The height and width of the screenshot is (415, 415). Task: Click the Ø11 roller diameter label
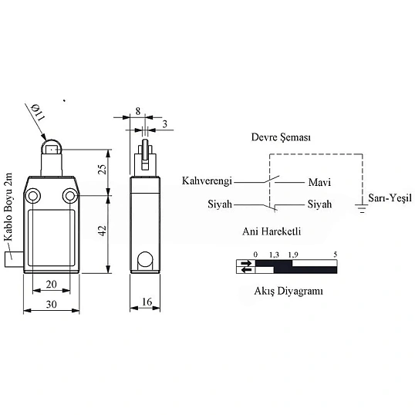pyautogui.click(x=38, y=112)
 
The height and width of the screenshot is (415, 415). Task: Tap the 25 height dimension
pyautogui.click(x=102, y=170)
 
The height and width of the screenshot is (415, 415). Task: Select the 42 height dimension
pyautogui.click(x=102, y=231)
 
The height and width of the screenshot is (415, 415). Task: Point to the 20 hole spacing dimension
pyautogui.click(x=52, y=285)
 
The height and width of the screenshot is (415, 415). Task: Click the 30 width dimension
pyautogui.click(x=52, y=305)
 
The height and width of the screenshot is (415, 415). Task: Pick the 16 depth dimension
pyautogui.click(x=147, y=302)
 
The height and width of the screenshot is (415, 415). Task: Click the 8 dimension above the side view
pyautogui.click(x=138, y=111)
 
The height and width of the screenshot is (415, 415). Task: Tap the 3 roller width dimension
pyautogui.click(x=165, y=124)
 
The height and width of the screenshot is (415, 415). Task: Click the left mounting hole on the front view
pyautogui.click(x=32, y=196)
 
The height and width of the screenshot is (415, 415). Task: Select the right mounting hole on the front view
pyautogui.click(x=70, y=196)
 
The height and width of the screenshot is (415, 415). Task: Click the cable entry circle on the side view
pyautogui.click(x=145, y=259)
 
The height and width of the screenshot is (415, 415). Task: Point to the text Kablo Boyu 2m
pyautogui.click(x=8, y=207)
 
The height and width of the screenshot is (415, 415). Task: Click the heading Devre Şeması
pyautogui.click(x=281, y=137)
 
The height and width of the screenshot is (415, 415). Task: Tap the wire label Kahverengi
pyautogui.click(x=207, y=181)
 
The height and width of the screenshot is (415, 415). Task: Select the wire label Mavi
pyautogui.click(x=319, y=182)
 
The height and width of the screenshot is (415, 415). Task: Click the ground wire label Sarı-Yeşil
pyautogui.click(x=390, y=198)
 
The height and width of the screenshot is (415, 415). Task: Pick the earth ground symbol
pyautogui.click(x=363, y=208)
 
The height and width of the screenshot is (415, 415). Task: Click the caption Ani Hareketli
pyautogui.click(x=272, y=231)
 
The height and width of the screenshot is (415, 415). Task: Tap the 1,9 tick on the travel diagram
pyautogui.click(x=293, y=255)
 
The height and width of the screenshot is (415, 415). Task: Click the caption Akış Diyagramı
pyautogui.click(x=288, y=292)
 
